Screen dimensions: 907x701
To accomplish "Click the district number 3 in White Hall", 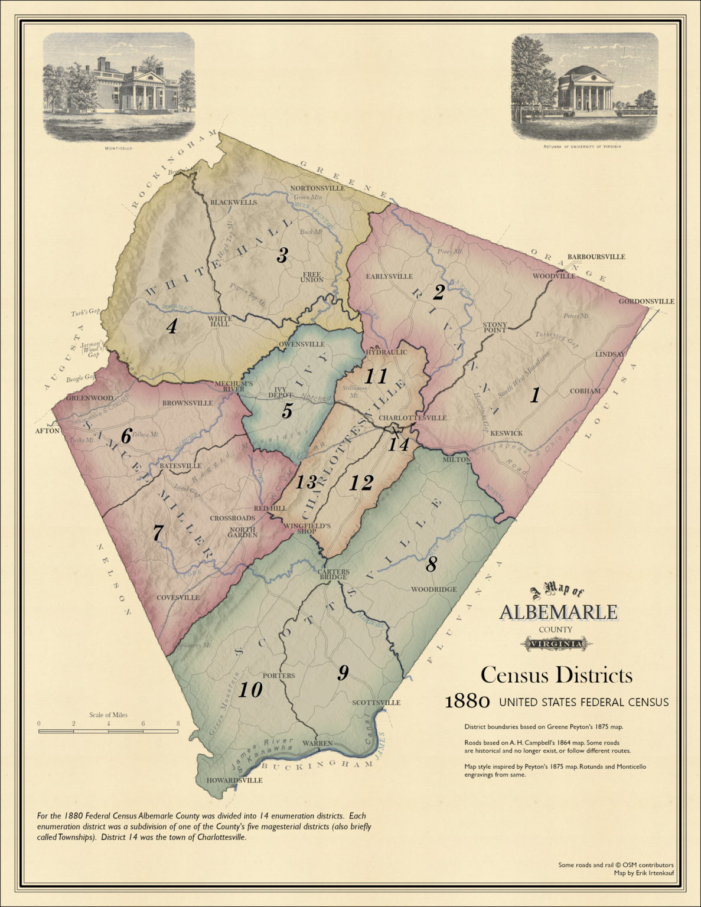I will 282,255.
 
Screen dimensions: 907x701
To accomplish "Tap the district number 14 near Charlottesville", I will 399,444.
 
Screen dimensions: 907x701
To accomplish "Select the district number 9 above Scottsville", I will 343,673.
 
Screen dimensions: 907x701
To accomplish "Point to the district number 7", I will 157,533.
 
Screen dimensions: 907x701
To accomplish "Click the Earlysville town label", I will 389,276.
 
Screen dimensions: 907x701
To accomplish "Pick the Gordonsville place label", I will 646,301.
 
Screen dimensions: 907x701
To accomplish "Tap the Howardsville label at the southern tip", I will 234,780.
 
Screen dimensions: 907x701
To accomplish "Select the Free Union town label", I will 312,277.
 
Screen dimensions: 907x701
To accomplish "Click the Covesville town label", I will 178,598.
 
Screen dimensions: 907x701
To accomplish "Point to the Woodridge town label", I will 434,589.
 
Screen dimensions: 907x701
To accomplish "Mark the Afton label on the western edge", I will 47,431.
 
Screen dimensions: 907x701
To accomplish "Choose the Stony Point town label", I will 495,327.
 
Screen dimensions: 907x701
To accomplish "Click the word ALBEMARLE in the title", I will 558,612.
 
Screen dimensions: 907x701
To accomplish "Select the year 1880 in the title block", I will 467,702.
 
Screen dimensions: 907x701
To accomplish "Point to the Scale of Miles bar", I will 108,731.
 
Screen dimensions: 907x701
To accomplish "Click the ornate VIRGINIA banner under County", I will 557,643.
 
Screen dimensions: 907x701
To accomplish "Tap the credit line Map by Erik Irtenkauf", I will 644,872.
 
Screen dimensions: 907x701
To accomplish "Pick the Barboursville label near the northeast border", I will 596,257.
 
